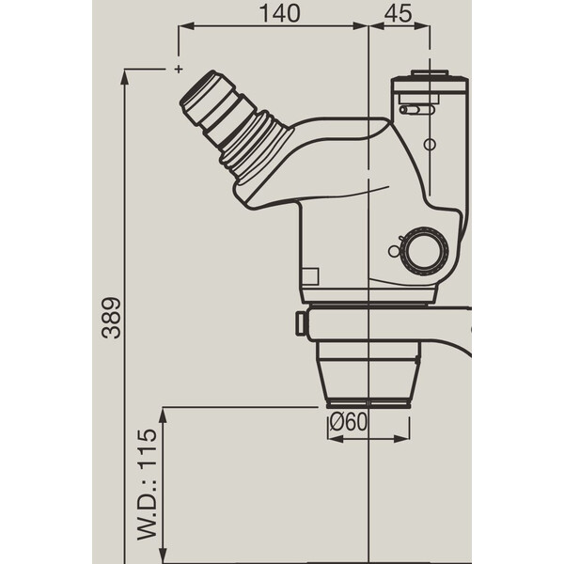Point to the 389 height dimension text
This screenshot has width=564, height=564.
pyautogui.click(x=112, y=319)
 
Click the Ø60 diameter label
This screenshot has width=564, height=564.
pyautogui.click(x=348, y=423)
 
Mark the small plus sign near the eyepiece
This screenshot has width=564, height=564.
pyautogui.click(x=178, y=69)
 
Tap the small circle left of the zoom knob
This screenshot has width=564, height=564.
pyautogui.click(x=395, y=251)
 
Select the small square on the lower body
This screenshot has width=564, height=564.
pyautogui.click(x=309, y=275)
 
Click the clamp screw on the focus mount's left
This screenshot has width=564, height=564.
pyautogui.click(x=300, y=322)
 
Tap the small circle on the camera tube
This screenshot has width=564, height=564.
pyautogui.click(x=430, y=144)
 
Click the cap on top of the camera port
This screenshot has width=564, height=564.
pyautogui.click(x=430, y=74)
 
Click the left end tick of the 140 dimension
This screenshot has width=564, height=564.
pyautogui.click(x=178, y=29)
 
